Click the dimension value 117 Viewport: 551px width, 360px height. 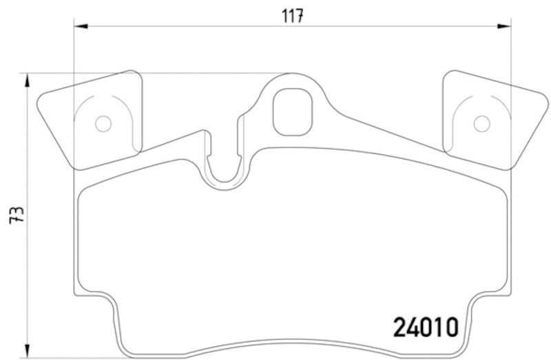point(293,16)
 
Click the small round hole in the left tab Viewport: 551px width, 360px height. point(103,124)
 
